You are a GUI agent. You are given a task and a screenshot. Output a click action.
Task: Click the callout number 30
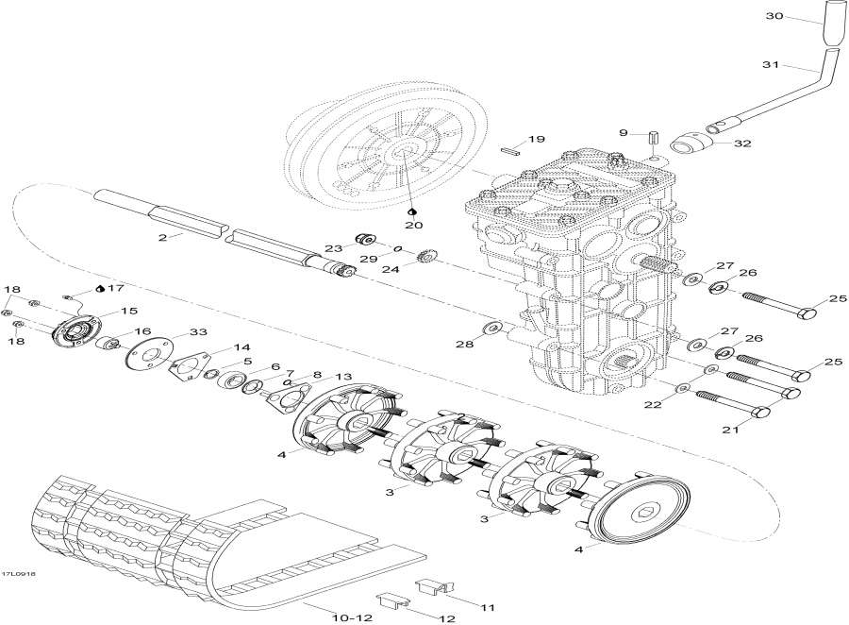pyautogui.click(x=774, y=18)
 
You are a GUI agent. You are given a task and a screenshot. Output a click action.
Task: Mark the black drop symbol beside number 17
pyautogui.click(x=101, y=288)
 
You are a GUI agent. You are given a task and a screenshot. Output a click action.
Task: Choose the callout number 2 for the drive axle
pyautogui.click(x=162, y=238)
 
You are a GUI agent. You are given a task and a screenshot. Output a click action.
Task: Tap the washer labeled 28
pyautogui.click(x=491, y=328)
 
